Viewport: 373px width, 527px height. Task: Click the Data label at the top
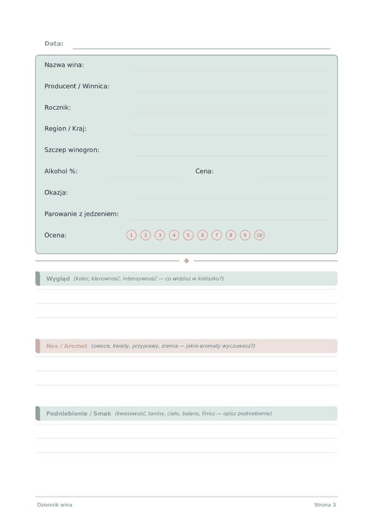point(54,44)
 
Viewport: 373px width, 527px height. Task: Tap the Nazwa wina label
point(64,65)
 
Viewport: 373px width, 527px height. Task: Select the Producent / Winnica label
point(76,86)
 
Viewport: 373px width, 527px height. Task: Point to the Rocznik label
point(57,108)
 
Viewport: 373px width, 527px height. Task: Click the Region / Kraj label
point(65,129)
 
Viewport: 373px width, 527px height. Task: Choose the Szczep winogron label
point(71,150)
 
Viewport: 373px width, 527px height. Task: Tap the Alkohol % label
point(61,171)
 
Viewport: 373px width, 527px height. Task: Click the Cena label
point(205,171)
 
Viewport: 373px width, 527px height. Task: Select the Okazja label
point(56,193)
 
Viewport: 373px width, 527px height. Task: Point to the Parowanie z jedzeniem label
point(81,214)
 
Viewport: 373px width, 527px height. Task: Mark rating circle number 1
point(131,235)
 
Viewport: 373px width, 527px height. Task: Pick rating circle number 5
point(188,235)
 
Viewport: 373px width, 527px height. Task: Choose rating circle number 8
point(231,235)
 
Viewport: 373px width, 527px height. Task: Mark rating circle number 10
point(259,235)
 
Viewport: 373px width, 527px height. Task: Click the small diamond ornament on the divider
point(186,261)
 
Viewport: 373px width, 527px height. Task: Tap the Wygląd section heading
point(58,278)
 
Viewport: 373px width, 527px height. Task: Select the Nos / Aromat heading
point(67,346)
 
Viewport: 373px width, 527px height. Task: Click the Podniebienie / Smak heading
point(78,413)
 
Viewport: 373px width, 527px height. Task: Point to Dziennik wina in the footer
point(54,505)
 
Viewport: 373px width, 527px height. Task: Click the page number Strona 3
point(325,505)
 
